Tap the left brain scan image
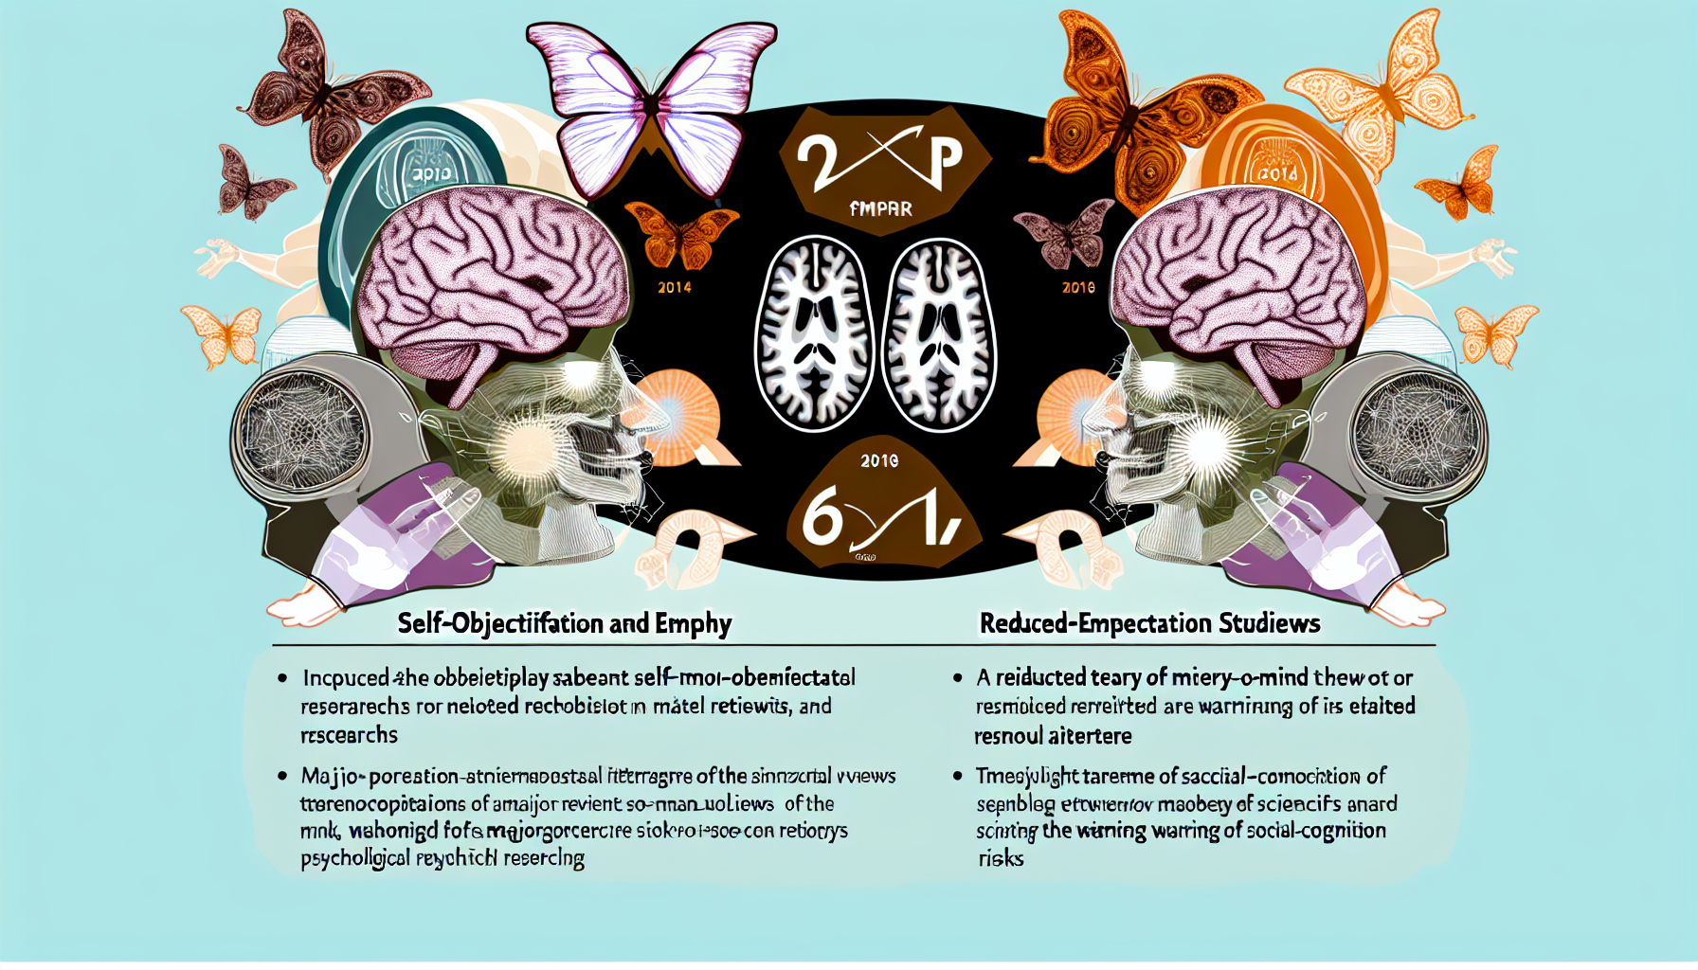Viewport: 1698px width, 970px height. point(813,334)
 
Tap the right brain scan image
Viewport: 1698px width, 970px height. point(939,334)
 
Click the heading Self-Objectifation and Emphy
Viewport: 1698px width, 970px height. point(565,623)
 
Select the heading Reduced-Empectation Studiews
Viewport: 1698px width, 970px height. point(1149,623)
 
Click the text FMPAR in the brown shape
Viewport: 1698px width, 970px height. point(880,208)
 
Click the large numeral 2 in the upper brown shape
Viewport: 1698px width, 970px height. point(817,163)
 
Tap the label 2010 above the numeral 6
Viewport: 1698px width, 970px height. point(879,461)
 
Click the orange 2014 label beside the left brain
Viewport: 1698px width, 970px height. point(675,287)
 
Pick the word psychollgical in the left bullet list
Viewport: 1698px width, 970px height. point(355,859)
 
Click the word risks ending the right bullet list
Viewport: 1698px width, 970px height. point(1001,859)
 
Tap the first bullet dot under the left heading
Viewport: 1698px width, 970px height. point(282,678)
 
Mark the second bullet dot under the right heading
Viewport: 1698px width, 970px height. point(958,777)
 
